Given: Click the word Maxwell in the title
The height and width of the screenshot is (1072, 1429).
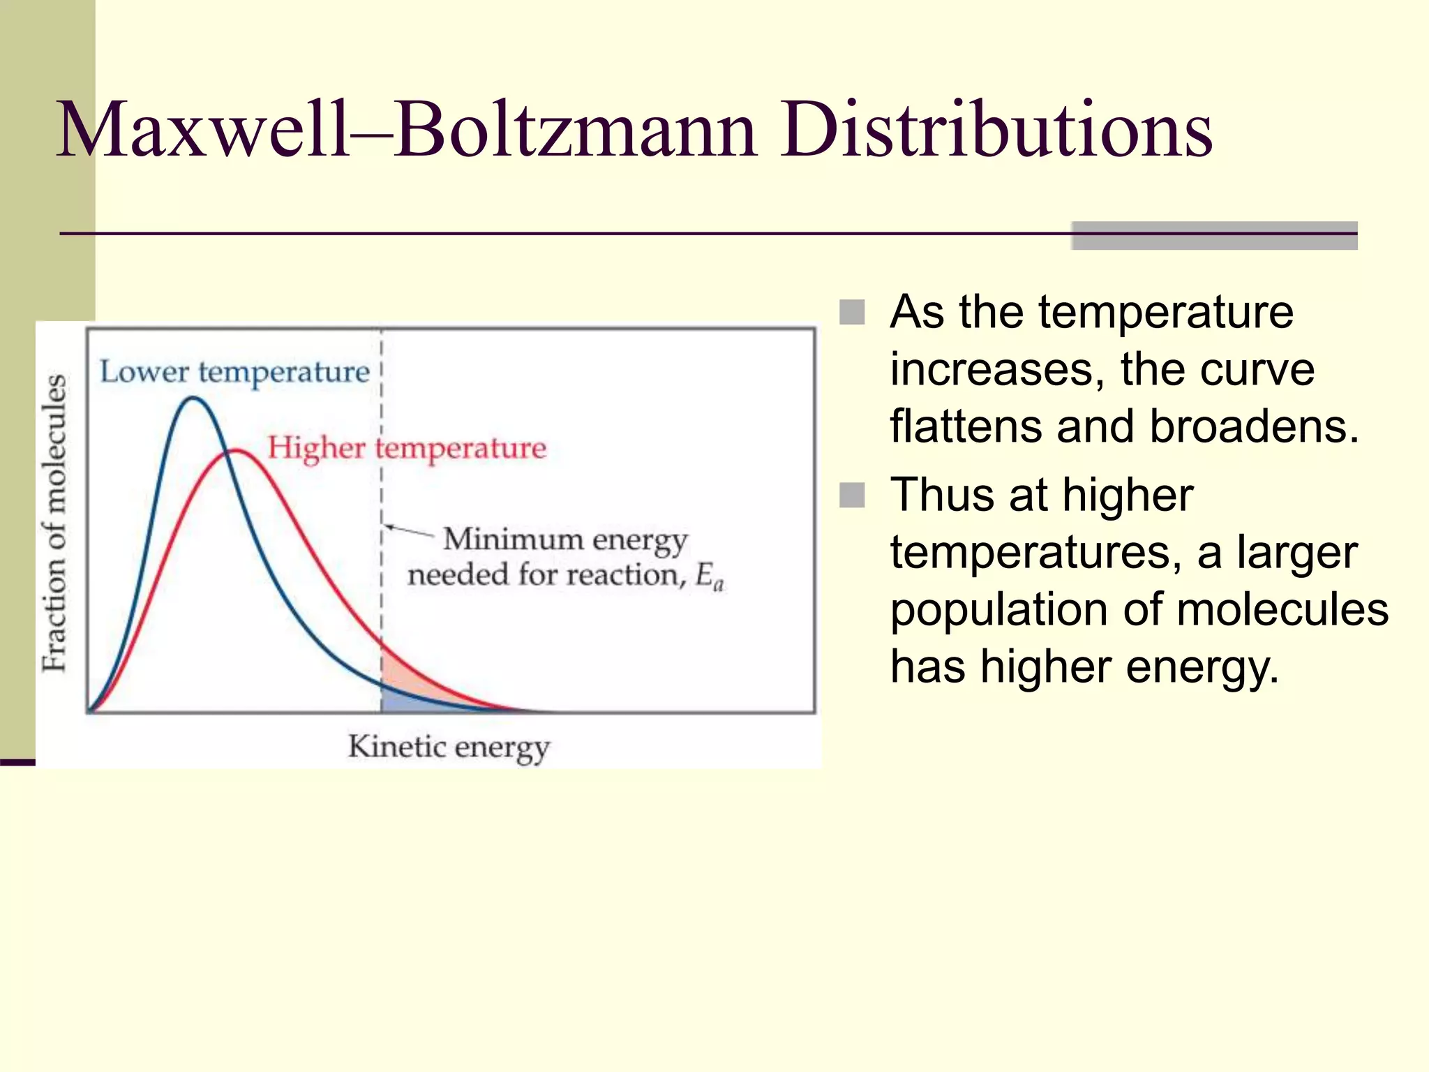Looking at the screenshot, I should (202, 130).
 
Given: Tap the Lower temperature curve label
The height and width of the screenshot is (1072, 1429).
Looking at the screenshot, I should (234, 372).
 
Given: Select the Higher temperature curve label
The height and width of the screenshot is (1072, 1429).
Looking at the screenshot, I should (407, 448).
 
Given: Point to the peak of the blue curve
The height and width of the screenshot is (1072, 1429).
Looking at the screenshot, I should (193, 399).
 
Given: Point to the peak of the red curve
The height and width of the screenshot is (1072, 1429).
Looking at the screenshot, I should (237, 451).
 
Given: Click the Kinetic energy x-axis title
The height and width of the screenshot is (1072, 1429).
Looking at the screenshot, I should (449, 747).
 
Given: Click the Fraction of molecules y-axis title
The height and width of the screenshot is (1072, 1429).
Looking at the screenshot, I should (54, 523).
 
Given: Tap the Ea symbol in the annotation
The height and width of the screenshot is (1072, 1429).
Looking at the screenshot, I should (710, 576).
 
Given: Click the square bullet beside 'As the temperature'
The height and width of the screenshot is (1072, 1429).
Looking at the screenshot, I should (852, 312).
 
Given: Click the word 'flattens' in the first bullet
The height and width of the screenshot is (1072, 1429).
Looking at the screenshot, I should (967, 426).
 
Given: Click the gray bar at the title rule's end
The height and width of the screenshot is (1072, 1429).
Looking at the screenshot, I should (1214, 236).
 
